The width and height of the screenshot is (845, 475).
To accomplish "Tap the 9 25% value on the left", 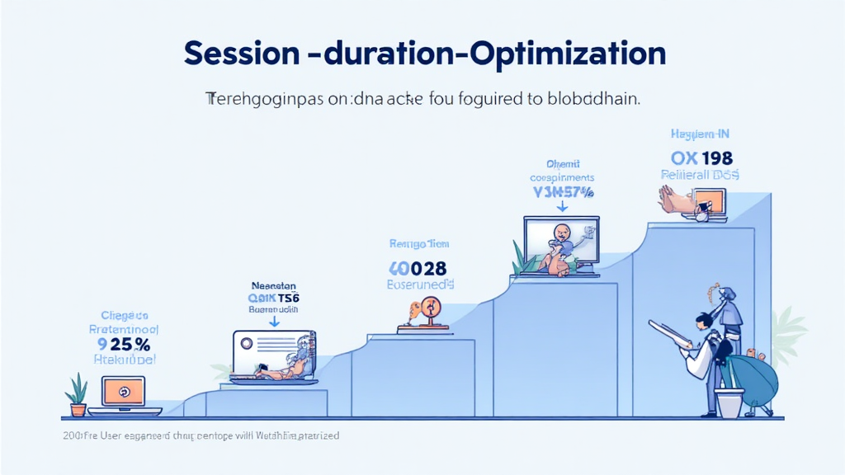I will (123, 344).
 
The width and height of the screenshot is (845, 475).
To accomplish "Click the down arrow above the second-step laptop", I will (275, 322).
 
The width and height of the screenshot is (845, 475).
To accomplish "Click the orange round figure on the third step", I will (428, 311).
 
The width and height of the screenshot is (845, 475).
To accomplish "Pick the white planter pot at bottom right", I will (729, 402).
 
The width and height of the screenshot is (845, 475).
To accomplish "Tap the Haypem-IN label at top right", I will (700, 134).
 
